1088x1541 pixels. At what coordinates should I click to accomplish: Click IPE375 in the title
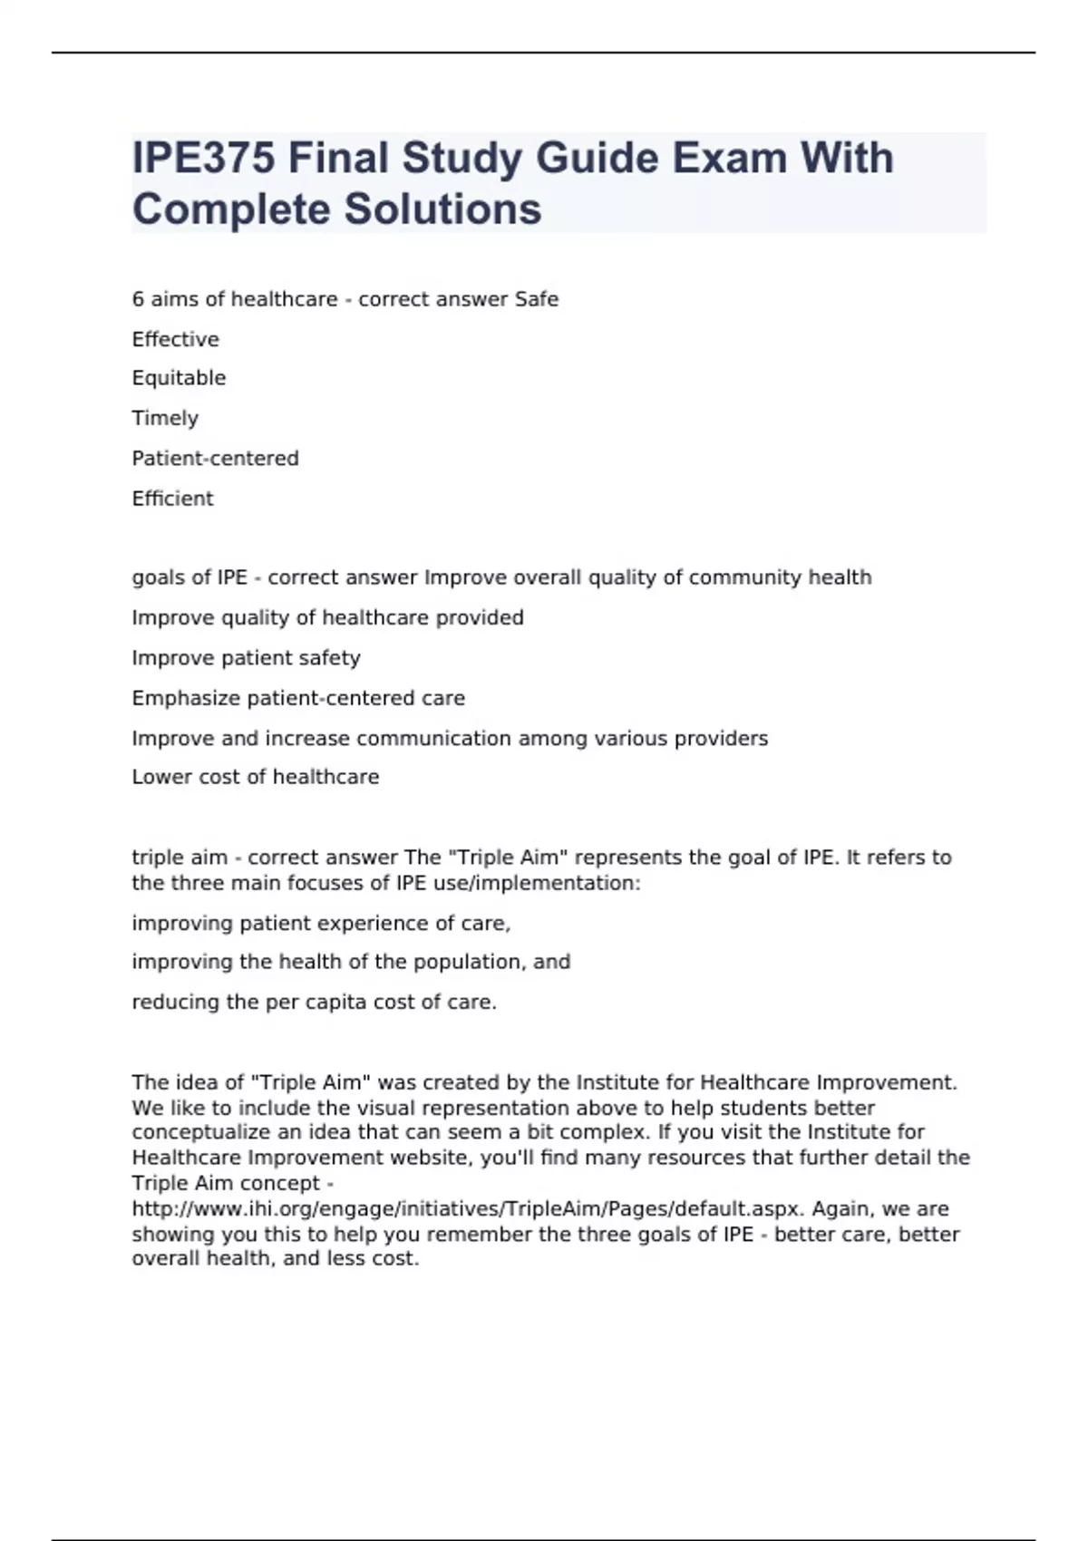coord(202,158)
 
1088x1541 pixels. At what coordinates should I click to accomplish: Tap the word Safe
coord(536,299)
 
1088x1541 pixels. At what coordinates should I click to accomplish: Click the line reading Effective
coord(175,339)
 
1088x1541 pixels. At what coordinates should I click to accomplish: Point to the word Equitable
coord(179,378)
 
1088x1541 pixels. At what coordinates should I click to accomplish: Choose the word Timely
coord(165,418)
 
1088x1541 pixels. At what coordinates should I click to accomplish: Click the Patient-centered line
coord(215,458)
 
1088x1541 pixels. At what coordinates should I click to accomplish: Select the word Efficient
coord(172,499)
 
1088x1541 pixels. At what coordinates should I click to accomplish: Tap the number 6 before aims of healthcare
coord(138,299)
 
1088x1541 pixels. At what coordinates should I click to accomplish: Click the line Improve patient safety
coord(246,657)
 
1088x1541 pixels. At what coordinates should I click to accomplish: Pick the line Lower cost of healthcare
coord(255,777)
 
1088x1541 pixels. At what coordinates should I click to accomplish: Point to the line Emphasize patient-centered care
coord(297,698)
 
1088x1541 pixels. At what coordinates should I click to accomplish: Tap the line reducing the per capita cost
coord(314,1002)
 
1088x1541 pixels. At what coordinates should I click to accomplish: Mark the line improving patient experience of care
coord(321,923)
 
